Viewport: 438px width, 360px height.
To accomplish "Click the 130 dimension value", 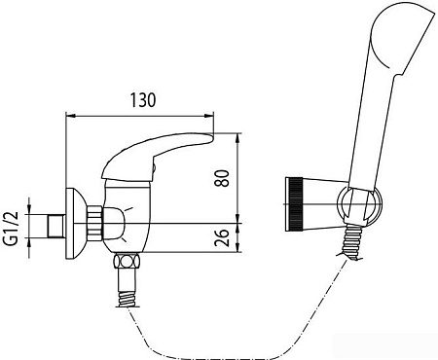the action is click(143, 100).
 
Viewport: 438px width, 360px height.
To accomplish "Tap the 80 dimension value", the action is click(222, 178).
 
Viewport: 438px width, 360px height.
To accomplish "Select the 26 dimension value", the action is click(222, 238).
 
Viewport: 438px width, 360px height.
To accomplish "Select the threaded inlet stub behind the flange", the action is click(56, 226).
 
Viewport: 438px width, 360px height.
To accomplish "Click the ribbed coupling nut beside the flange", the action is click(94, 224).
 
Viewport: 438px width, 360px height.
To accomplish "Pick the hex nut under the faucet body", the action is click(127, 262).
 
